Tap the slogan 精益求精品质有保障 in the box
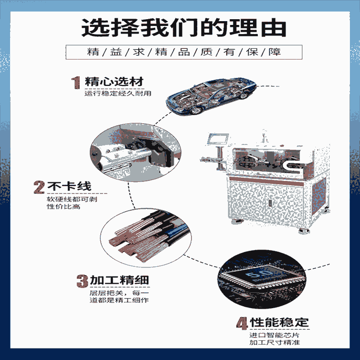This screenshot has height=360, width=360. tap(183, 52)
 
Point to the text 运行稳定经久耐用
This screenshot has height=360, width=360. tap(118, 93)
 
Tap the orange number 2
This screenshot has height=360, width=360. tap(39, 186)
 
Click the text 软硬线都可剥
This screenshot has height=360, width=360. tap(64, 199)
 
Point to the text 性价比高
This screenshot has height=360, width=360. tap(57, 207)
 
